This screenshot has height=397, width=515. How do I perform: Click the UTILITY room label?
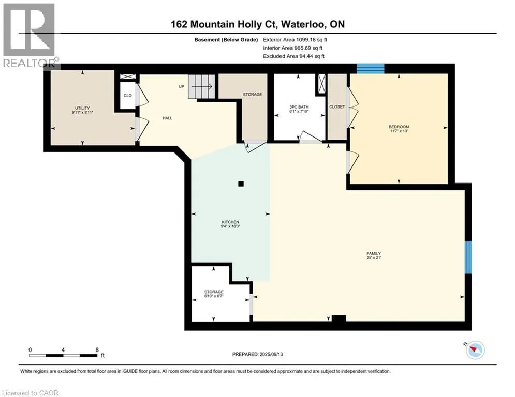[82, 108]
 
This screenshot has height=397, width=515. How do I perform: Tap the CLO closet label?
[127, 96]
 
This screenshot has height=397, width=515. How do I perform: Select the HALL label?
[167, 118]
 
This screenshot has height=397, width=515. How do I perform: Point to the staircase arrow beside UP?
[201, 86]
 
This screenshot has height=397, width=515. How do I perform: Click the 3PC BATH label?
[299, 107]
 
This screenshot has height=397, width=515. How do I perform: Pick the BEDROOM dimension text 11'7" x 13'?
[399, 131]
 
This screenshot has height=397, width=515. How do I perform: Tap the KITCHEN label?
[230, 222]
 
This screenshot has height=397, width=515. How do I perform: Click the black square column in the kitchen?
[241, 184]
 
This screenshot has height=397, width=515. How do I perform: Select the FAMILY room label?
[374, 253]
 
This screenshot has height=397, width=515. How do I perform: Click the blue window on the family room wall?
[468, 257]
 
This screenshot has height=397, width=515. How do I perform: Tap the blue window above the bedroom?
[371, 69]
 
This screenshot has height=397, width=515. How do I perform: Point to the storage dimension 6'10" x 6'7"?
[214, 296]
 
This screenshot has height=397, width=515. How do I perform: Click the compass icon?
[475, 350]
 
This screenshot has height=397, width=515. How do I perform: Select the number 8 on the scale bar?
[97, 350]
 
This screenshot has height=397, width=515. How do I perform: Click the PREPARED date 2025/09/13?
[271, 354]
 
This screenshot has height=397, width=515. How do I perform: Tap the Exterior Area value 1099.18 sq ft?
[312, 40]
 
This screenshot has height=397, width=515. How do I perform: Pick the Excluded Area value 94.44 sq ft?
[312, 56]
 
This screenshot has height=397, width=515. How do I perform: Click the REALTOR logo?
[29, 35]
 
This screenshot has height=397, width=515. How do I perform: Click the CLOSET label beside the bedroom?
[337, 107]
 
